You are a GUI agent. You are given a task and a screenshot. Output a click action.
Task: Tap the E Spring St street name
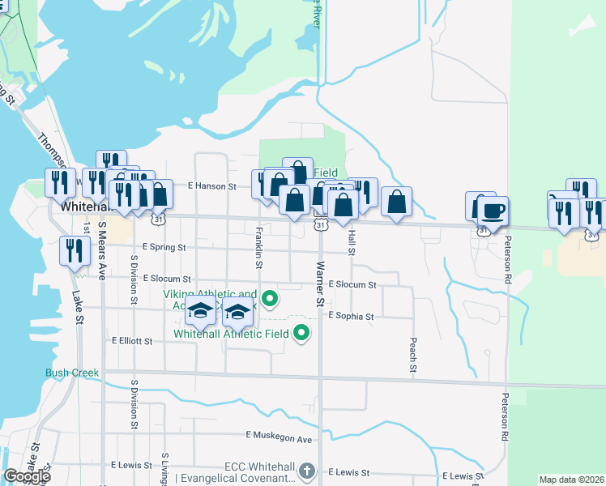[x=164, y=247]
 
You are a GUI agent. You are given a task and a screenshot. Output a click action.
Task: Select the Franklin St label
[x=258, y=243]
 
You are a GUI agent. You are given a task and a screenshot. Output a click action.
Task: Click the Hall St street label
[x=352, y=241]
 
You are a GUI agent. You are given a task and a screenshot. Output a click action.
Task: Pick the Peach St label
[x=413, y=356]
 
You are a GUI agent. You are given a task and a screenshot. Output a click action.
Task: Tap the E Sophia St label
[x=351, y=317]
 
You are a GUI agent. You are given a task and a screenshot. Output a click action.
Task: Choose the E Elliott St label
[x=132, y=342]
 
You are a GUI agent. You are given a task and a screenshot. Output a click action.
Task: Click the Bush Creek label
[x=72, y=373]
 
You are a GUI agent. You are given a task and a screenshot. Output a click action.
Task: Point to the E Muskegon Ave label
[x=279, y=438]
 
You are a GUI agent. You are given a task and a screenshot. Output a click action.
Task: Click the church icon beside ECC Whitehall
[x=307, y=471]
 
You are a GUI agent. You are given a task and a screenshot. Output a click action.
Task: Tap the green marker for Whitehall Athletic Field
[x=301, y=332]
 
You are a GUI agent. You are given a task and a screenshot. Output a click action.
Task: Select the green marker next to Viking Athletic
[x=273, y=300]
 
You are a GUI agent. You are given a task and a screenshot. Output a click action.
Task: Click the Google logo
[x=27, y=476]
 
